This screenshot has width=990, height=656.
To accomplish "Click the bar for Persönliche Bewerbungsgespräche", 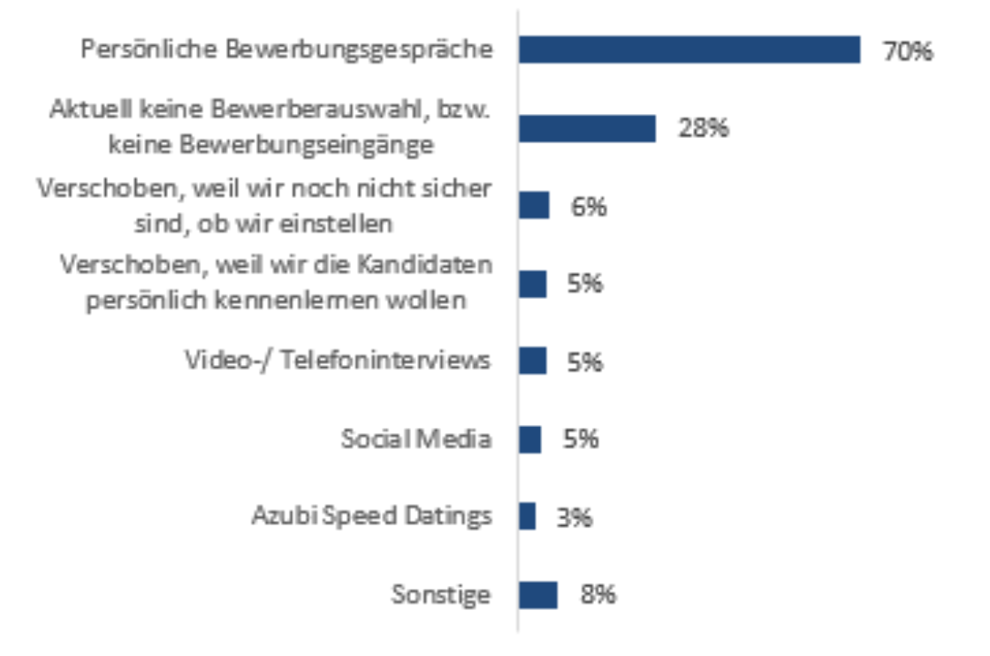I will coord(689,50).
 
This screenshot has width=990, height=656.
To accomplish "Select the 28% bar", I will coord(587,128).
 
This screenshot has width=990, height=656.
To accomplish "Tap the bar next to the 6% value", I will coord(534,206).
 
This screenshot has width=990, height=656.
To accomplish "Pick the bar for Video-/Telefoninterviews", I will coord(532,361).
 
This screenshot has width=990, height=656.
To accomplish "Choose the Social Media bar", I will coord(529,439).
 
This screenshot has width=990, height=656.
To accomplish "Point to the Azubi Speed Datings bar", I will coord(527,516).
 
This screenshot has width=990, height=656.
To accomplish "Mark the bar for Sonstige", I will coord(537,594).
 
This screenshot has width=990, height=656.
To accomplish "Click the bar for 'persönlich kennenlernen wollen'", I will coord(532,284).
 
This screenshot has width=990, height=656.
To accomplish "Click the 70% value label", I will coord(907,51).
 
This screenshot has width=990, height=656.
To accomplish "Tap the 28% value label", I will coord(704,129).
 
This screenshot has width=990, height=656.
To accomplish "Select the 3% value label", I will coord(574,517).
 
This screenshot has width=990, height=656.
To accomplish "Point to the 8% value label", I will coord(598,594).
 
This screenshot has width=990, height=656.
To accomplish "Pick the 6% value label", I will coord(589,207).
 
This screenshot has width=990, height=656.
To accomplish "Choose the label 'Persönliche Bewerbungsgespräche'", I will coord(286,49).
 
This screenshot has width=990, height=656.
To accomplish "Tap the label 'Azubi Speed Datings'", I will coord(371,516).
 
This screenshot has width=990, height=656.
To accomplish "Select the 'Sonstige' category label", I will coord(441,594).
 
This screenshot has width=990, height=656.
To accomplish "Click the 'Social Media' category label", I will coord(416,439).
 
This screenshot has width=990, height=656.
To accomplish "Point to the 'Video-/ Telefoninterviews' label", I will coord(338,361).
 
